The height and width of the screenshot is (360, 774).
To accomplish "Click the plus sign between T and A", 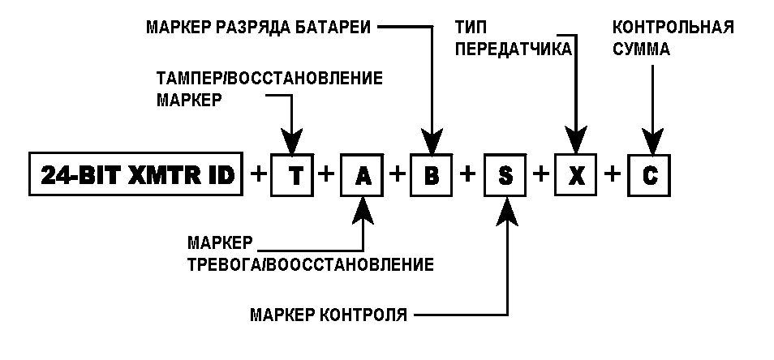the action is tap(326, 174).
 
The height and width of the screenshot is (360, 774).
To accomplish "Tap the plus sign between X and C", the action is tap(612, 174).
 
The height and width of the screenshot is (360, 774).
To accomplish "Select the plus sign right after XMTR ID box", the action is tap(256, 174).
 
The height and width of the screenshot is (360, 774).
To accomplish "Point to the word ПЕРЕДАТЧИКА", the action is tap(514, 49).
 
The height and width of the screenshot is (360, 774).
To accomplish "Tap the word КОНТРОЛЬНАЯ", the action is tap(673, 27).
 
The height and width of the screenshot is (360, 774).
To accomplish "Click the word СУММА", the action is tap(641, 49).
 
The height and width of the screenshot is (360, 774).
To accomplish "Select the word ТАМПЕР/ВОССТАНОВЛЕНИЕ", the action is tap(269, 78).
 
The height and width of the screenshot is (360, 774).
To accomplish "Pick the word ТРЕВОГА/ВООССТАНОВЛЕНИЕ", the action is tap(311, 264).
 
